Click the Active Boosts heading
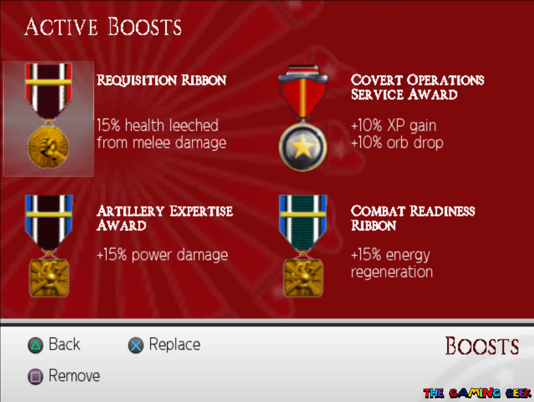click(x=102, y=27)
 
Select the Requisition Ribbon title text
click(x=162, y=80)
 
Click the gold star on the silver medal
click(x=303, y=148)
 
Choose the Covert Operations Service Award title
click(x=417, y=87)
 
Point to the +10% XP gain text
click(x=393, y=126)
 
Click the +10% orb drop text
click(x=397, y=143)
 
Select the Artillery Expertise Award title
click(x=165, y=218)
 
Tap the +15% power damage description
click(x=162, y=255)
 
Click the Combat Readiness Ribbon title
click(x=412, y=218)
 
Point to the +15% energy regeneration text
click(x=392, y=264)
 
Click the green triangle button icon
click(x=35, y=345)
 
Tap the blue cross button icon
click(x=136, y=345)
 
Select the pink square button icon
click(x=35, y=376)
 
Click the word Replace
click(x=174, y=345)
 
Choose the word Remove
click(x=74, y=376)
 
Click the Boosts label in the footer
click(x=482, y=346)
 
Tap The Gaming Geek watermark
click(x=477, y=393)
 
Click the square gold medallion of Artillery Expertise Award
click(x=48, y=278)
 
